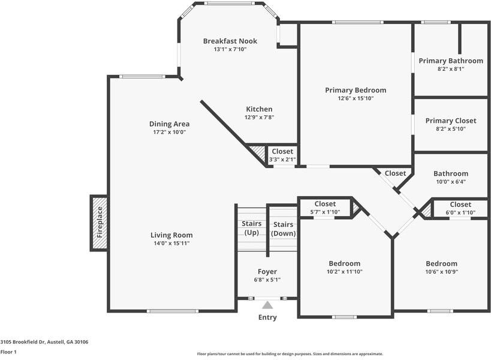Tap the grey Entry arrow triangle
click(x=267, y=305)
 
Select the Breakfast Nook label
click(x=230, y=41)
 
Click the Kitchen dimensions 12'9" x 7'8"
click(x=259, y=118)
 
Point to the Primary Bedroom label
click(x=356, y=90)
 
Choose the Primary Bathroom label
click(x=450, y=61)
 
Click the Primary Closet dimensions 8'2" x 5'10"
click(x=450, y=129)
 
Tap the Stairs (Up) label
click(x=251, y=228)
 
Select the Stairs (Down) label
click(x=282, y=229)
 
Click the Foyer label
click(x=267, y=272)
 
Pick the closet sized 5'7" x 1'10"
click(x=325, y=208)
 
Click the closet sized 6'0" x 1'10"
click(x=460, y=208)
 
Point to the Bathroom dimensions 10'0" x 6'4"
click(x=450, y=182)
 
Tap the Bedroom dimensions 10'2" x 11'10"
click(x=344, y=272)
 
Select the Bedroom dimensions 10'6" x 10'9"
click(x=441, y=272)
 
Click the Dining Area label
click(x=169, y=124)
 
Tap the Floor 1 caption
click(x=8, y=352)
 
